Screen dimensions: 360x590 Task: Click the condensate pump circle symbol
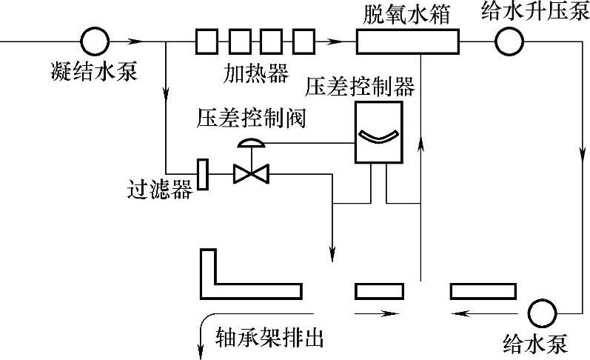point(95,41)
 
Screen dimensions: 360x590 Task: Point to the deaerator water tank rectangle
point(407,41)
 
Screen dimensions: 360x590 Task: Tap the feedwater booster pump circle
point(509,41)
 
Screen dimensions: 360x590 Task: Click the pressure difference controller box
point(378,132)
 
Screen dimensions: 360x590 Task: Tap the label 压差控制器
point(361,86)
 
